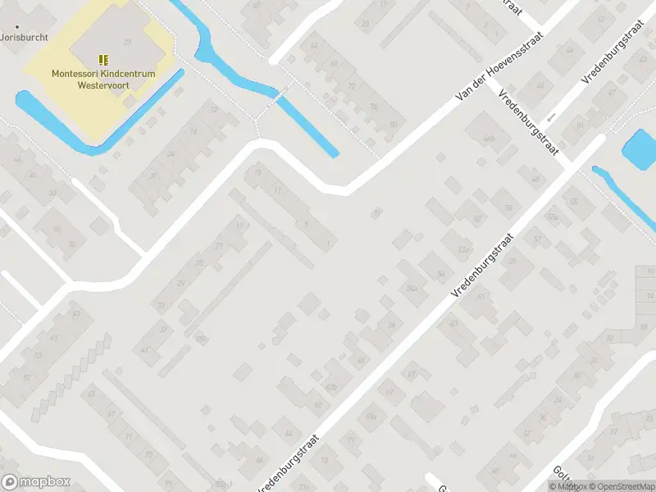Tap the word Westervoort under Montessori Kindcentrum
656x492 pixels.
point(103,84)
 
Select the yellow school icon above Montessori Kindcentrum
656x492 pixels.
point(103,60)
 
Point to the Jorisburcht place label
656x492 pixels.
point(25,38)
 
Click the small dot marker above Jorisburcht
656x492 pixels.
point(17,26)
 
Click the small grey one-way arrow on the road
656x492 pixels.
point(551,117)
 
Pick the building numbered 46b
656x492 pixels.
point(490,139)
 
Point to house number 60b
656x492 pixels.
point(331,386)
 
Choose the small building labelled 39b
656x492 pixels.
point(200,339)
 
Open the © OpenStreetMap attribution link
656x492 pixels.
point(619,486)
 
